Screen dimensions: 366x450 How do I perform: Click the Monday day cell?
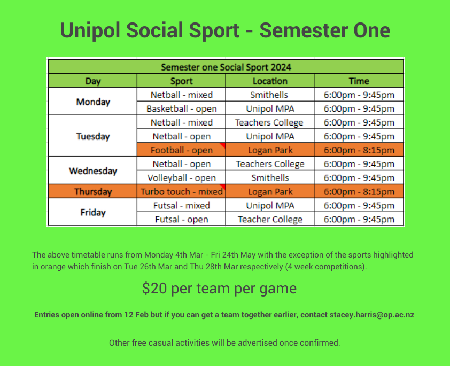point(93,102)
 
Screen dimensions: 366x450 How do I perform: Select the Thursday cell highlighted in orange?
point(93,191)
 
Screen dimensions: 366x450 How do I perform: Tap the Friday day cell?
point(93,212)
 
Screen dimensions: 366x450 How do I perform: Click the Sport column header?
point(181,81)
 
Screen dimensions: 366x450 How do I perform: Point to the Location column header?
point(270,81)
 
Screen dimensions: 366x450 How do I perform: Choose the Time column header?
point(359,81)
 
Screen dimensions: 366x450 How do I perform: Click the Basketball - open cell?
point(181,109)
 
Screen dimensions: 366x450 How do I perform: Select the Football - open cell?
point(181,150)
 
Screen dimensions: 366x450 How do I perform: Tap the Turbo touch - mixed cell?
point(181,191)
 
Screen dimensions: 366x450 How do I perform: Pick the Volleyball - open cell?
point(181,178)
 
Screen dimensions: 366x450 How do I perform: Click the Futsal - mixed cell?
point(181,205)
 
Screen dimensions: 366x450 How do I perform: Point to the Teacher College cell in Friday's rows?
point(270,219)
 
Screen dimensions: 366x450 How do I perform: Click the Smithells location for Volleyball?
point(270,178)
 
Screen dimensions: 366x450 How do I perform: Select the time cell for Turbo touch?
point(359,191)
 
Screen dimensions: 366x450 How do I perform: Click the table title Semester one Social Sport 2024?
point(226,67)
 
